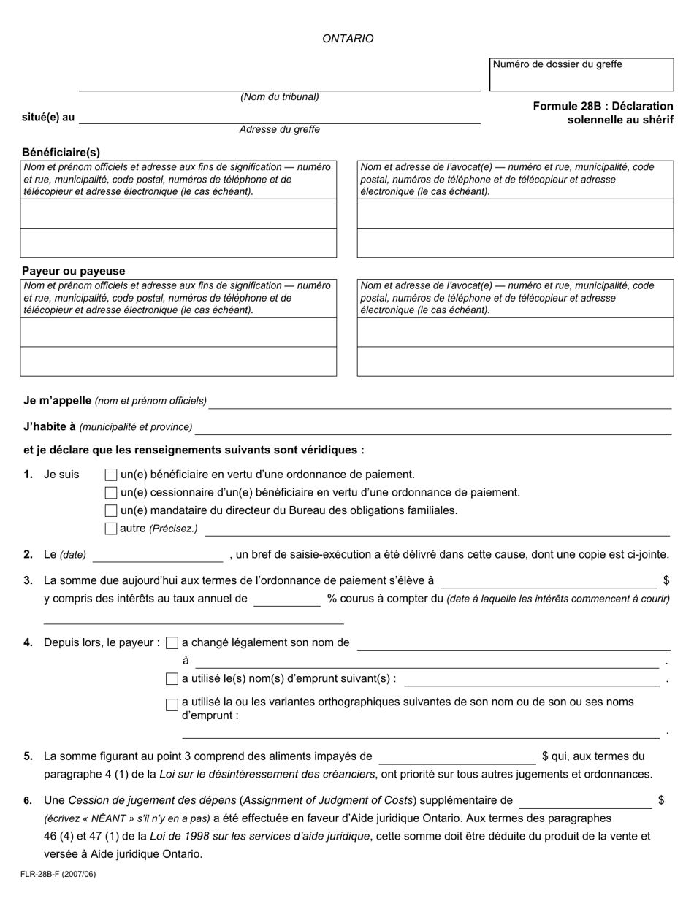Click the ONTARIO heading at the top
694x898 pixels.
348,39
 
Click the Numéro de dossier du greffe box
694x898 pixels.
581,74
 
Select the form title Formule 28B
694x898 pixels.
603,112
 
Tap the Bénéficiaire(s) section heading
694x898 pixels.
61,153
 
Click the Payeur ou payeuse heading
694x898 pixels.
73,271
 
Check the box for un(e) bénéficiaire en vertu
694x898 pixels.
111,475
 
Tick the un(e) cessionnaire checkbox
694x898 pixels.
111,493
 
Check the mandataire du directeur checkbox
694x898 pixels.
111,510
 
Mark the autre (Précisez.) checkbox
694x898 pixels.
111,529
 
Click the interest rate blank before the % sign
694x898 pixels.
286,599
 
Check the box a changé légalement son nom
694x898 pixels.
172,643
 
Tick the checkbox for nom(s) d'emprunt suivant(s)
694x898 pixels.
172,679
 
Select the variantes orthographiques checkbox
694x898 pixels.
172,705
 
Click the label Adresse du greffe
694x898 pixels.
279,129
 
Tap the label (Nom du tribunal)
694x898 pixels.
279,96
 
